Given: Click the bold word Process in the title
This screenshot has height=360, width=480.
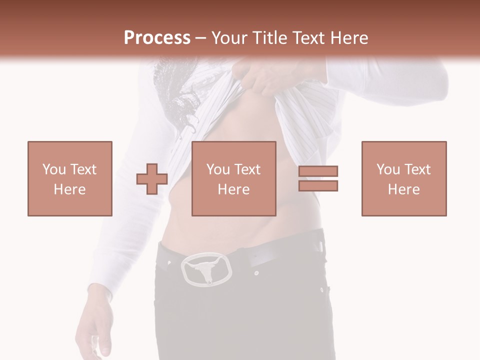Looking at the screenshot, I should pyautogui.click(x=157, y=37).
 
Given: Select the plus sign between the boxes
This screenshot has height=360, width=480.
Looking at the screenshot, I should pyautogui.click(x=152, y=179).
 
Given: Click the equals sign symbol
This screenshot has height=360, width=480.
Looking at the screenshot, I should pyautogui.click(x=318, y=178).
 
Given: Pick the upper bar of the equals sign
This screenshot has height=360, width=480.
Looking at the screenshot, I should pyautogui.click(x=318, y=171).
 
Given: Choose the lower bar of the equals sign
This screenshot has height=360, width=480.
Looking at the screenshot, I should pyautogui.click(x=318, y=186).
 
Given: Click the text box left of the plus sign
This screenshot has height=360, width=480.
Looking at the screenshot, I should pyautogui.click(x=70, y=178).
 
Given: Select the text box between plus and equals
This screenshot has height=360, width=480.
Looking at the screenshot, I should pyautogui.click(x=234, y=178).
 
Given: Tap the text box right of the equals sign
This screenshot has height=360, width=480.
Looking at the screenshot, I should pyautogui.click(x=404, y=178).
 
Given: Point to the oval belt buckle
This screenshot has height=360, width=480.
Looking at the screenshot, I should pyautogui.click(x=206, y=269).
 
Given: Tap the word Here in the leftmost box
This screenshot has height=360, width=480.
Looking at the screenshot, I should pyautogui.click(x=70, y=189).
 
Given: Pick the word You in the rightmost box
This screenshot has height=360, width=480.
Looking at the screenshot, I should pyautogui.click(x=388, y=169).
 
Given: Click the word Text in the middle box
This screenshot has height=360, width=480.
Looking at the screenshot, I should pyautogui.click(x=247, y=169).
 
